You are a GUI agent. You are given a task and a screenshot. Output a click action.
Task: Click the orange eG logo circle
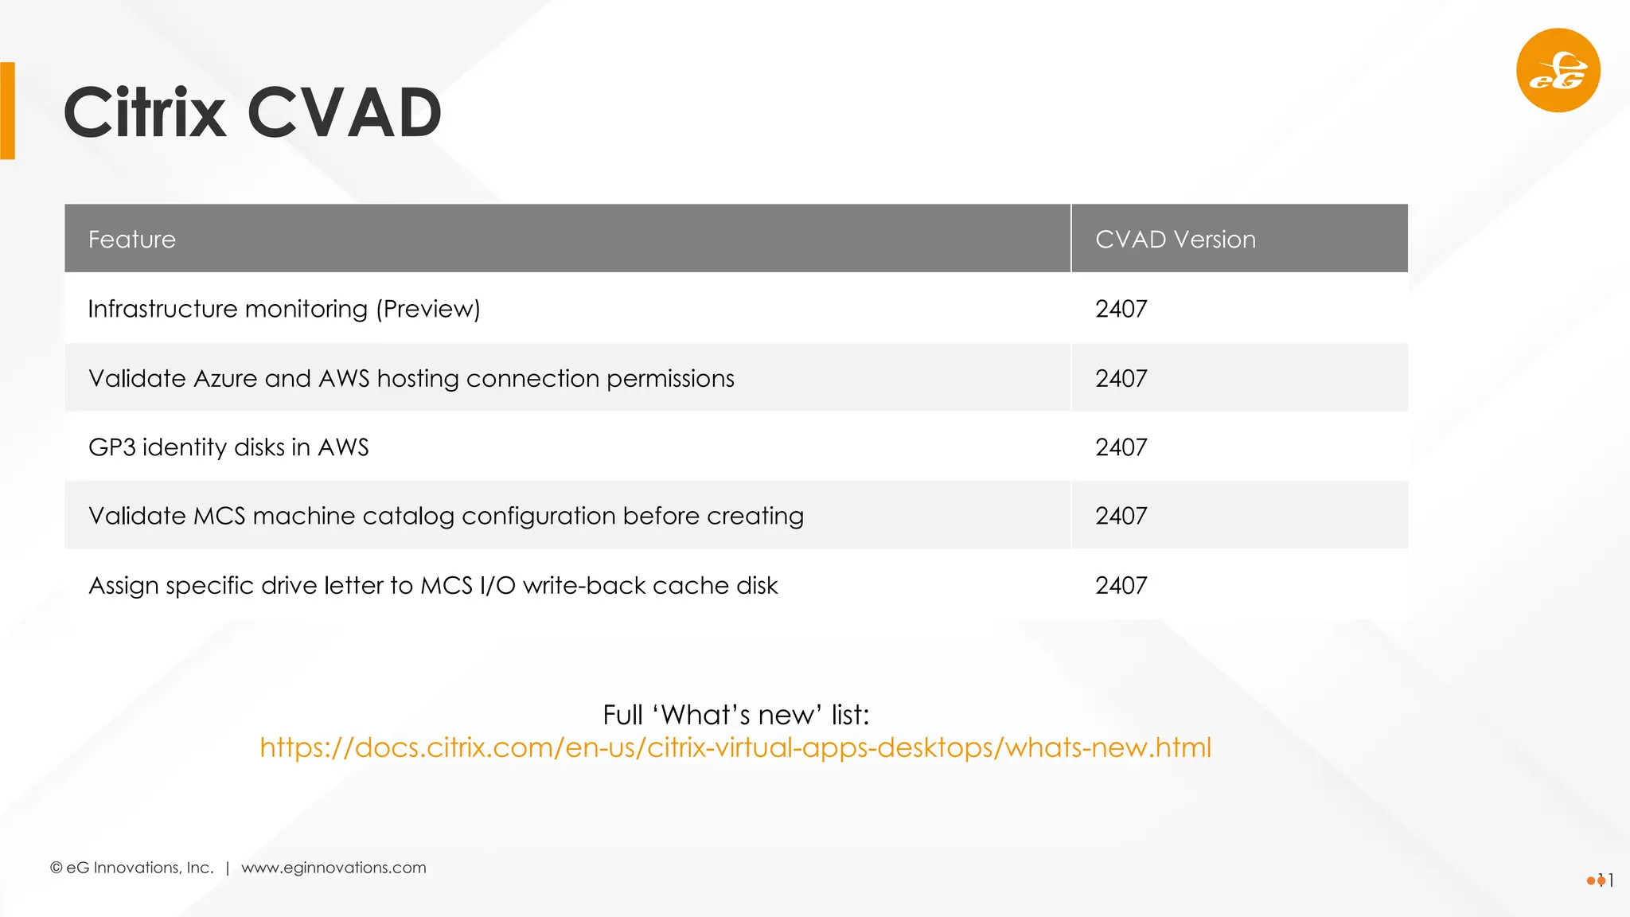tap(1558, 70)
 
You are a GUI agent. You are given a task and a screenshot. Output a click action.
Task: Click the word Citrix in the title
tap(145, 113)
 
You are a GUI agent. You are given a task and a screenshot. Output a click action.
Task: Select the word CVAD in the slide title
tap(344, 113)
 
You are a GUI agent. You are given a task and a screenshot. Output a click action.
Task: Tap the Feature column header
tap(132, 240)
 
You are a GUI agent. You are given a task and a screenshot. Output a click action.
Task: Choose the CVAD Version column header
tap(1175, 240)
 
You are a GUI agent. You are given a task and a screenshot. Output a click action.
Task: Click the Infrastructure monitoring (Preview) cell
tap(284, 309)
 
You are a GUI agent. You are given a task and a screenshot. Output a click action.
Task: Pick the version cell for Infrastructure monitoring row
tap(1121, 309)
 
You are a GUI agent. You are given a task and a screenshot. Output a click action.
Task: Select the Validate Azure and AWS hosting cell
tap(411, 378)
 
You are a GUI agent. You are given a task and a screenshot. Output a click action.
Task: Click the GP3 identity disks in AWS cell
tap(228, 447)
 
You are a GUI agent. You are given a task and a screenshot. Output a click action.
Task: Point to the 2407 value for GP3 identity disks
tap(1121, 447)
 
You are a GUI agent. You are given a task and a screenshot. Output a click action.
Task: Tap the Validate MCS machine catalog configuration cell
tap(446, 516)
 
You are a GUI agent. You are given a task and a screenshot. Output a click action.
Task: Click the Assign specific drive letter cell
tap(433, 585)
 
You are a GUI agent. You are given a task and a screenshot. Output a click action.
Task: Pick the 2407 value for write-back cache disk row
tap(1121, 585)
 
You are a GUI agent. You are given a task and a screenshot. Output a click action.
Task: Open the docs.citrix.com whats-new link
tap(735, 747)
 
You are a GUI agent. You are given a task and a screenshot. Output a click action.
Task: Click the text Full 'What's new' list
tap(735, 715)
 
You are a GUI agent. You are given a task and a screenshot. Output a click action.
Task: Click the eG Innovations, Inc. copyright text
tap(132, 868)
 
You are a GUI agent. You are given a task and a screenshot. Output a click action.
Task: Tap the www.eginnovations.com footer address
tap(333, 868)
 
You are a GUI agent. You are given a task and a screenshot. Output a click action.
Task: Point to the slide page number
tap(1605, 880)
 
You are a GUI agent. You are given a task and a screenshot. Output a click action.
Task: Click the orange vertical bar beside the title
tap(7, 111)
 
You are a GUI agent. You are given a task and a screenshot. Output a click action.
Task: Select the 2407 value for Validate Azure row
tap(1121, 378)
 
